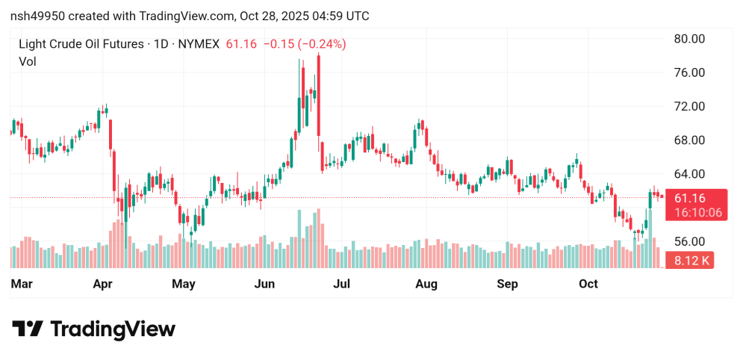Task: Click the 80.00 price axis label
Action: (689, 39)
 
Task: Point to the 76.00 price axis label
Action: (689, 72)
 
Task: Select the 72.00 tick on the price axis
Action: (689, 106)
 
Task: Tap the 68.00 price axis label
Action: (689, 140)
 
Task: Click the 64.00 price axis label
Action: (689, 174)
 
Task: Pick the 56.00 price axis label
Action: (689, 241)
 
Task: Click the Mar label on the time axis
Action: (22, 284)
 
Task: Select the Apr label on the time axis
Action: (103, 284)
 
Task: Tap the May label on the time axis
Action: (184, 284)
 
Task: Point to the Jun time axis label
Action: (265, 284)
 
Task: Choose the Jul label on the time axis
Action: (342, 284)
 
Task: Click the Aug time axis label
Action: (426, 284)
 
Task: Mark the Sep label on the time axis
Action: (508, 284)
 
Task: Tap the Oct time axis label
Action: (588, 284)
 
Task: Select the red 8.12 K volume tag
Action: (691, 261)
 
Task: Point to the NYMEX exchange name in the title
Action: (198, 44)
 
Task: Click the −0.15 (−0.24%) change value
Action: (304, 44)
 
